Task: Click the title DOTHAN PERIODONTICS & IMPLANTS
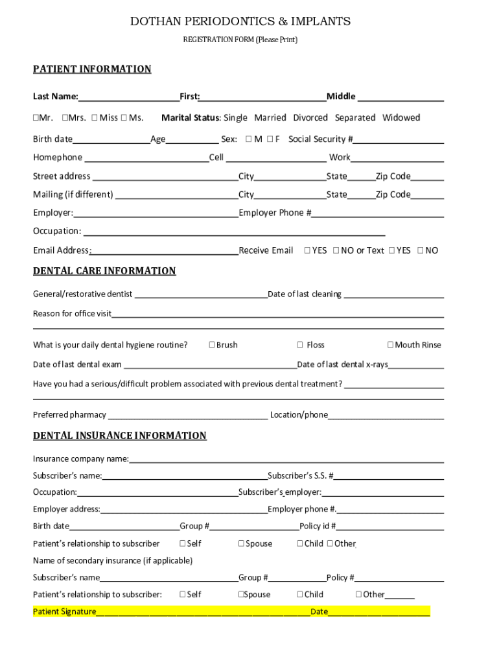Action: (x=240, y=21)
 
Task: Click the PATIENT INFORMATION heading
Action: (x=92, y=69)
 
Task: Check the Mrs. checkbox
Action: (x=65, y=118)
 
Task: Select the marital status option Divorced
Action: (x=310, y=118)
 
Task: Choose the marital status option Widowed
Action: (x=400, y=118)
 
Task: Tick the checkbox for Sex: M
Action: (x=248, y=139)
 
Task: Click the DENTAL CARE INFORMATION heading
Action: (x=104, y=271)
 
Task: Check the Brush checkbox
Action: (x=212, y=345)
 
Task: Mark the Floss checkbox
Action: (x=300, y=345)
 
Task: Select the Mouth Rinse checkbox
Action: (x=390, y=345)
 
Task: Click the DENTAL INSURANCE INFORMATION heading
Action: (x=120, y=436)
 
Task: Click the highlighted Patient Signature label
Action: (x=65, y=611)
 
